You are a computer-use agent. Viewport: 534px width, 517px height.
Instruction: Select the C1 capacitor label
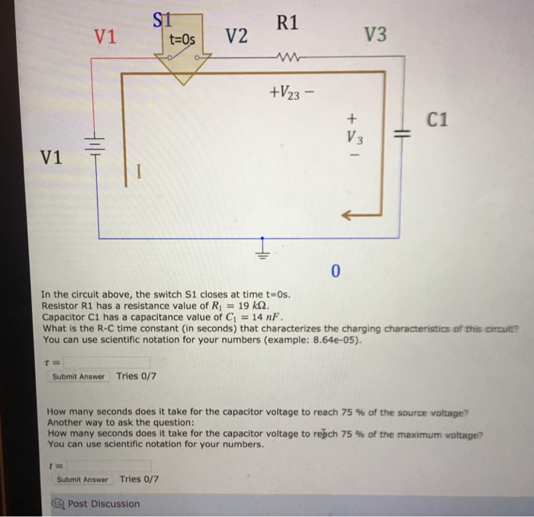pos(438,119)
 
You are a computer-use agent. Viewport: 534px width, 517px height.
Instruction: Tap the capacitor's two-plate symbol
pos(401,135)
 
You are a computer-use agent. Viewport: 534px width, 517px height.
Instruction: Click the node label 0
pos(336,271)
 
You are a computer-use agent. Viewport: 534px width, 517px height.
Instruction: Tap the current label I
pos(138,172)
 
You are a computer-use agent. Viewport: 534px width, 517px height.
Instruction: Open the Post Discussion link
pos(103,503)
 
